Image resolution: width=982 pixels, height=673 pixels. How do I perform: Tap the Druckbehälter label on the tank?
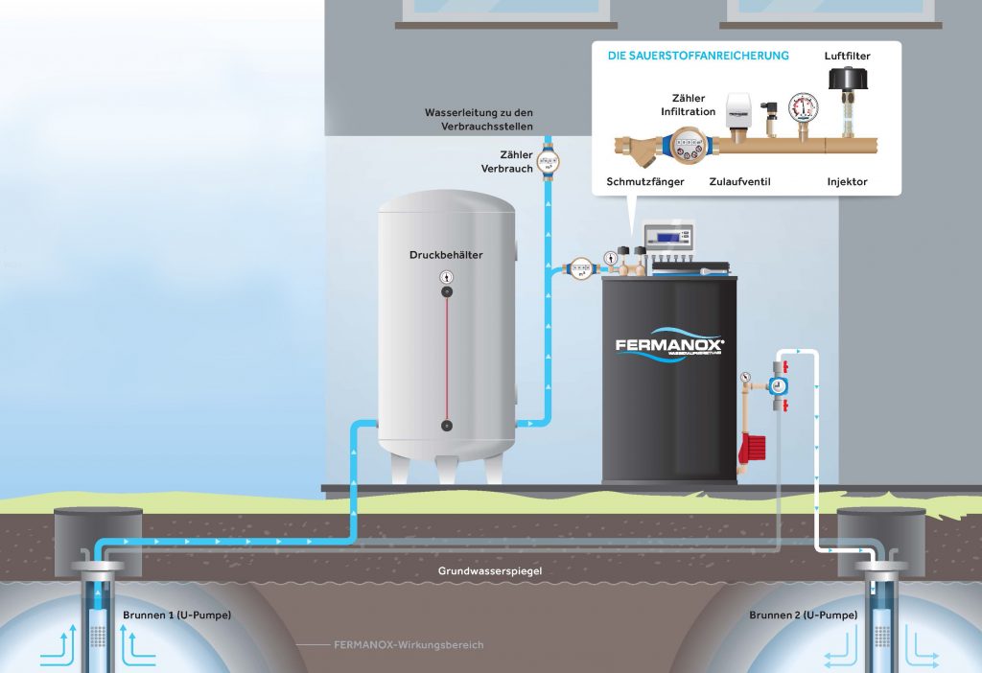446,256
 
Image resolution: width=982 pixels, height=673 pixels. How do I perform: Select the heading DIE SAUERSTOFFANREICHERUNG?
698,56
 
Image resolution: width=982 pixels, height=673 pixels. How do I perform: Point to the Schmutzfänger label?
645,181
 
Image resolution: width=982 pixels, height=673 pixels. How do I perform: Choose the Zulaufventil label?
739,181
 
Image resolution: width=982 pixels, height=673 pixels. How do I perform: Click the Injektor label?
847,181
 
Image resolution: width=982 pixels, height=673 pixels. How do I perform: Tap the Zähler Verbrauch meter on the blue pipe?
548,162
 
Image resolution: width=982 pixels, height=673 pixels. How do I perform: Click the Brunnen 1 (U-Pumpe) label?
176,614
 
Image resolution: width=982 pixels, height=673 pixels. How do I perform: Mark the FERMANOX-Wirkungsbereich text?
409,645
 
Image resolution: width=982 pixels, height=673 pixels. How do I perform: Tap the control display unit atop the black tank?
668,238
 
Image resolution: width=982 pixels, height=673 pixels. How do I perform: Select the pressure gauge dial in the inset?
801,105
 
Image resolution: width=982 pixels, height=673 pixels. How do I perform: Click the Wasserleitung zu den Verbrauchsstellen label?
479,119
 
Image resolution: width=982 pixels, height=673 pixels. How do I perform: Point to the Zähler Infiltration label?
689,104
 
